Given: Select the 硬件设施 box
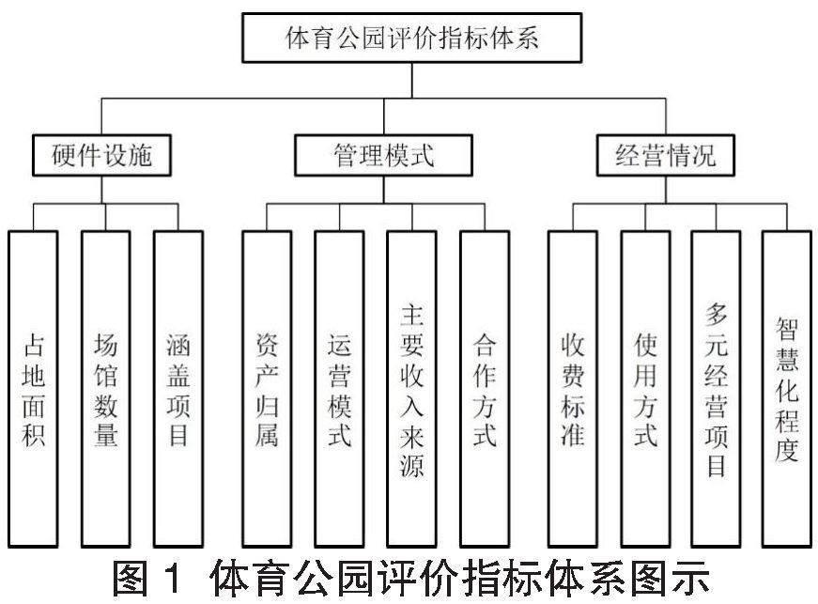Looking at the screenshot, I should (100, 156).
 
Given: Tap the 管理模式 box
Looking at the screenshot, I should (383, 156).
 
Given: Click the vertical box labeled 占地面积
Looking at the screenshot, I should (33, 388).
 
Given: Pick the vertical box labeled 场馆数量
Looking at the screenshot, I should (105, 388).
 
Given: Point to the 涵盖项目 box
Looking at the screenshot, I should (177, 388).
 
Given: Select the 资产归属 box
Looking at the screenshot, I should (267, 388).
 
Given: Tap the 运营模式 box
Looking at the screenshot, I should (339, 388).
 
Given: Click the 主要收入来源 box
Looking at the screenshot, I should (411, 388).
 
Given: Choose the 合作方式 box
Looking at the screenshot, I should (485, 388).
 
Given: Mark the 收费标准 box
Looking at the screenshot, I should (573, 388).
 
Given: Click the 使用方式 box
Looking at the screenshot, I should (645, 388).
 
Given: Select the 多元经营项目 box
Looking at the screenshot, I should (716, 388).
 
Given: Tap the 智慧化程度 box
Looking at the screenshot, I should (787, 388).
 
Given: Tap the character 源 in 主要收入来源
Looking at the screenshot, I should (411, 465).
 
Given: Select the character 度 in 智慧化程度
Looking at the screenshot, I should (787, 449).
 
